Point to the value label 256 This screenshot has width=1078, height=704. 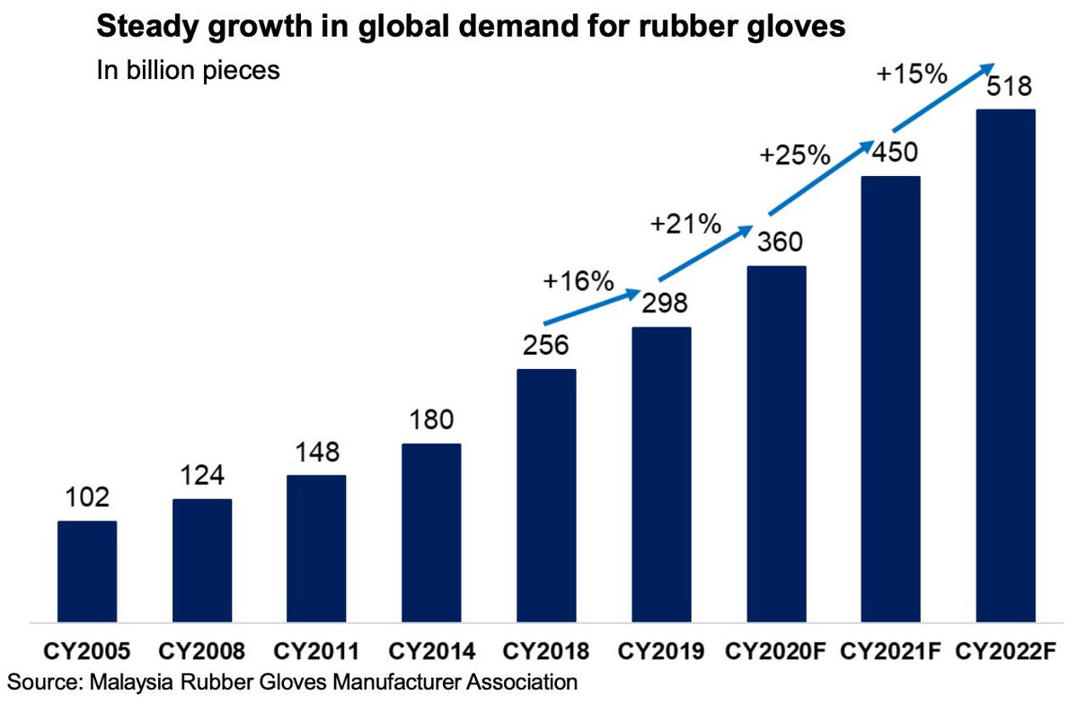[546, 346]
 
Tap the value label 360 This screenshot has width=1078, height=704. [776, 242]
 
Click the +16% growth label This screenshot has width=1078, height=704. [578, 281]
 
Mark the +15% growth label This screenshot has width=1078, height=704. [911, 75]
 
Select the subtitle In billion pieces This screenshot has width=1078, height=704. [188, 70]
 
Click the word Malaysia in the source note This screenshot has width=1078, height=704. [135, 682]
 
